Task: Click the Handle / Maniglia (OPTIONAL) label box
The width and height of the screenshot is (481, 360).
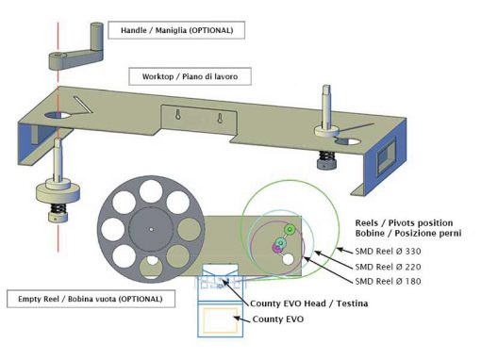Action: tap(176, 30)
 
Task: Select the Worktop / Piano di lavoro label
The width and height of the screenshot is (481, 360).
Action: tap(190, 76)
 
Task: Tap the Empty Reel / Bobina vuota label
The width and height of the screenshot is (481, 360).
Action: tap(91, 299)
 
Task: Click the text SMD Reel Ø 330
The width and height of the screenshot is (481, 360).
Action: tap(388, 252)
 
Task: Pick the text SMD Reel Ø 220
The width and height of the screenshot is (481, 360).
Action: tap(388, 267)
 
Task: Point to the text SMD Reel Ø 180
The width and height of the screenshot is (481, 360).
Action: tap(388, 282)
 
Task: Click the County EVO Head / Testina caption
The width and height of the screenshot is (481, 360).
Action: tap(309, 303)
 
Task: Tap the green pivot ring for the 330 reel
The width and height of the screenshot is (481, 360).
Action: tap(290, 230)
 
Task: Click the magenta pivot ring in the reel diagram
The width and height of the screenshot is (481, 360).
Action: tap(276, 248)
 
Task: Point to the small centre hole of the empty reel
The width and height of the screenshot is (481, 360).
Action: tap(151, 230)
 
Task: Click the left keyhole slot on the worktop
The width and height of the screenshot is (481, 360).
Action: tap(178, 115)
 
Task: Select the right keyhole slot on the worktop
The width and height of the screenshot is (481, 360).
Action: tap(221, 118)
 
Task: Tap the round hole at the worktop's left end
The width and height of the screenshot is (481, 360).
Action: tap(58, 115)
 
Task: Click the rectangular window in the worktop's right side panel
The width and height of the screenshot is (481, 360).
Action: tap(386, 155)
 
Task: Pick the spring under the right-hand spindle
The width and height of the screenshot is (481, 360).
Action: tap(326, 155)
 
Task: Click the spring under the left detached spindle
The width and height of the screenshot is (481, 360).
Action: tap(58, 208)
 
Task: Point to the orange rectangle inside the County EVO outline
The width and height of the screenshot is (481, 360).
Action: tap(220, 319)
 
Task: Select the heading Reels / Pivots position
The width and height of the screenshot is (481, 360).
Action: tap(404, 223)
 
